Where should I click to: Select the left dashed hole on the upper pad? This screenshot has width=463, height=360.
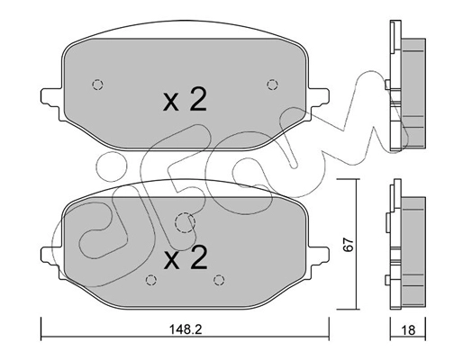(97, 85)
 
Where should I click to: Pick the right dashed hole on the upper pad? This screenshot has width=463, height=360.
(272, 85)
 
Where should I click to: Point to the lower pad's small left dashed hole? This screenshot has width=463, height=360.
(149, 278)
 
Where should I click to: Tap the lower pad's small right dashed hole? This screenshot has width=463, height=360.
(218, 278)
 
